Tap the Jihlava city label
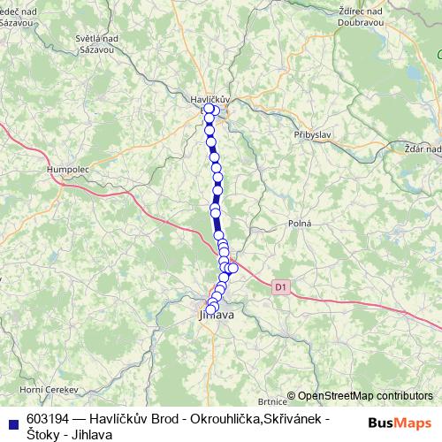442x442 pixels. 217,314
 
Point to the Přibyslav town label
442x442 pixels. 310,133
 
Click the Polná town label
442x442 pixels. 299,225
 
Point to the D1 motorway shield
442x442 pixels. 280,286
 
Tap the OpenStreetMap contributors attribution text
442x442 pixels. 365,396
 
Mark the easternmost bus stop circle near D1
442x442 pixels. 233,268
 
